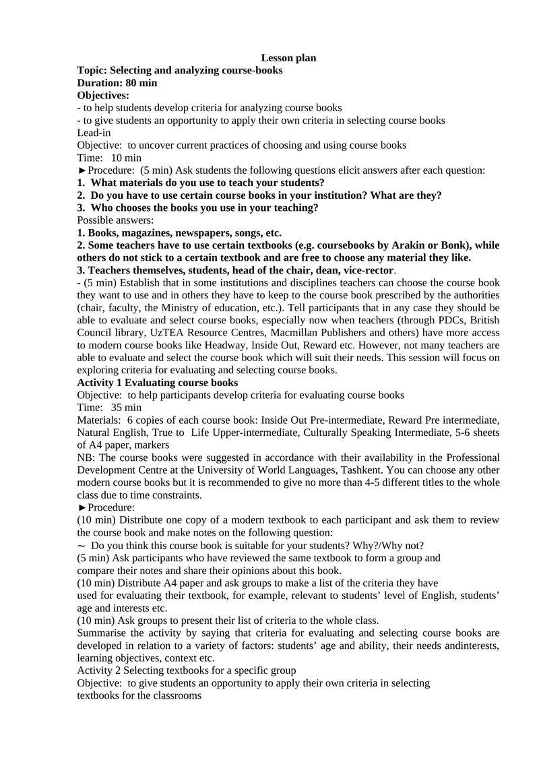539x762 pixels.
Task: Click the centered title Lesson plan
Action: tap(288, 58)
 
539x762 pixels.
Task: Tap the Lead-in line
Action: tap(94, 133)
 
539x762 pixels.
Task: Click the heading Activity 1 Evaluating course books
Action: tap(157, 383)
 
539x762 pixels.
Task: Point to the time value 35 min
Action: tap(125, 408)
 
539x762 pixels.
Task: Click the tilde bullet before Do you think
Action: tap(81, 545)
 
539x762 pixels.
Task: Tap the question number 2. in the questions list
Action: tap(81, 195)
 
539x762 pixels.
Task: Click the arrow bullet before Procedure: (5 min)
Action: tap(82, 170)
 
